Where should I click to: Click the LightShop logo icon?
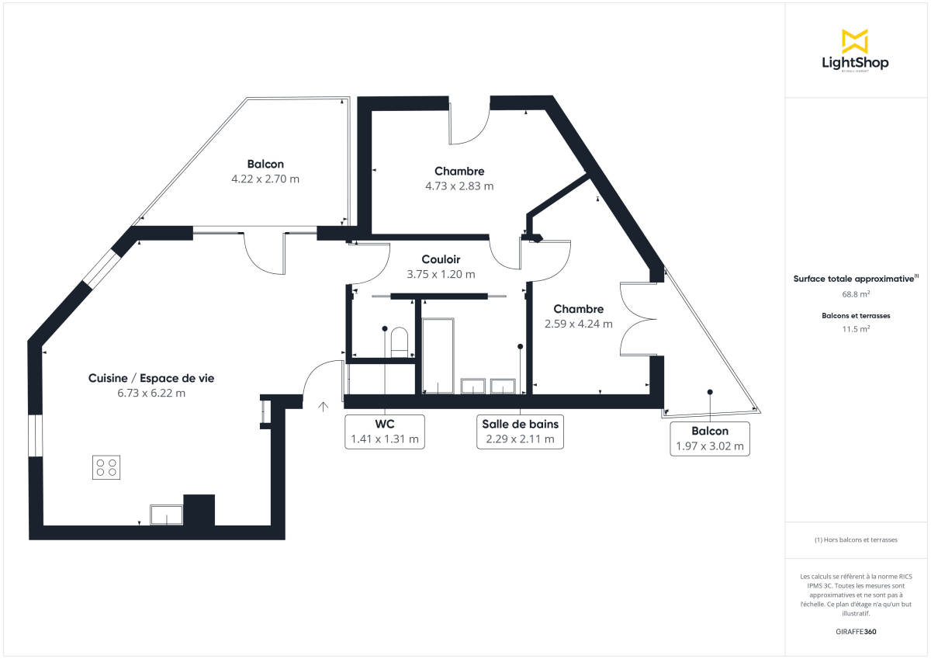tap(855, 40)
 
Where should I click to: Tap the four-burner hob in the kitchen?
tap(106, 467)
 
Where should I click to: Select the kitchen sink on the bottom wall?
tap(167, 515)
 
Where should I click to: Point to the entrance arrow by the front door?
tap(324, 405)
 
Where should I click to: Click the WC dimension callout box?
tap(385, 432)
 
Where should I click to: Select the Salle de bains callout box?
tap(520, 432)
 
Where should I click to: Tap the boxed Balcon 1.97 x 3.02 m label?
tap(710, 439)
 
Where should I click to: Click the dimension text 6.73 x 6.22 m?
tap(151, 393)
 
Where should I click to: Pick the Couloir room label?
tap(441, 259)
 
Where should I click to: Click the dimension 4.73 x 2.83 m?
tap(459, 186)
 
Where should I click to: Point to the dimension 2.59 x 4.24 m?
tap(578, 324)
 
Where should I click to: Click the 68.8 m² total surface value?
tap(856, 294)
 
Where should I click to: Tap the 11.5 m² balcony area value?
tap(856, 329)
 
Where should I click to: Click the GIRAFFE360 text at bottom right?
tap(856, 631)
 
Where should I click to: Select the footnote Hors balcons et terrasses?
tap(856, 539)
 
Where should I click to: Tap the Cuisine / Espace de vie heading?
tap(151, 378)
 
